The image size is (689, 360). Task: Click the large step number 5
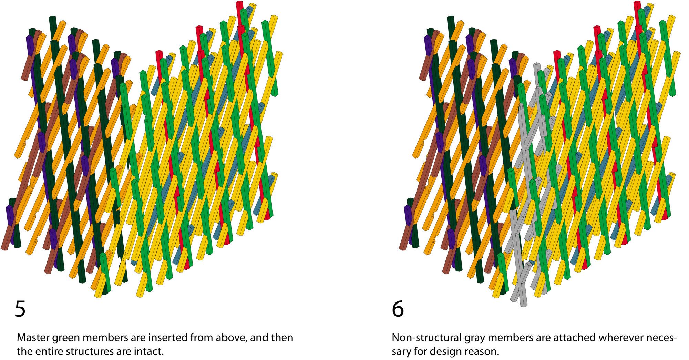point(20,309)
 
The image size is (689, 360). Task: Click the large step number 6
point(398,309)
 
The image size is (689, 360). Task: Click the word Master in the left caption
point(33,338)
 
